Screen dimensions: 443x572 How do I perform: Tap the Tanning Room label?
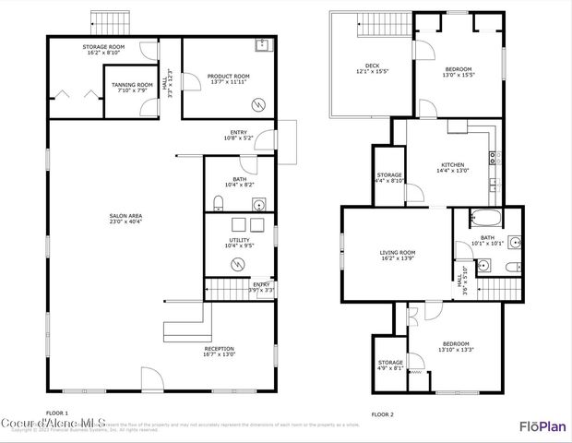pos(132,84)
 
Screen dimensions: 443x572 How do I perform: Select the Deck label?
pos(372,66)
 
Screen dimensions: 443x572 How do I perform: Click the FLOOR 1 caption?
pos(57,413)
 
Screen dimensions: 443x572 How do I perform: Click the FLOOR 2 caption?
pos(382,414)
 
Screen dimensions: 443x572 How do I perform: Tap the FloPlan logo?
pos(542,425)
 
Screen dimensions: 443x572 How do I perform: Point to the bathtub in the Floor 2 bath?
pos(484,220)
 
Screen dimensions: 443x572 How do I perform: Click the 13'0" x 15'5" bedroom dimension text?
pos(459,75)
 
